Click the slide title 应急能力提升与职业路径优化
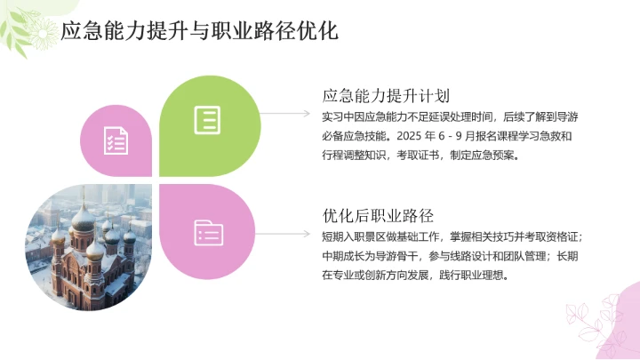tap(199, 32)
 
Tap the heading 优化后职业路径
tap(378, 215)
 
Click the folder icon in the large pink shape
tap(208, 233)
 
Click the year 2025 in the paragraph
tap(405, 135)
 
